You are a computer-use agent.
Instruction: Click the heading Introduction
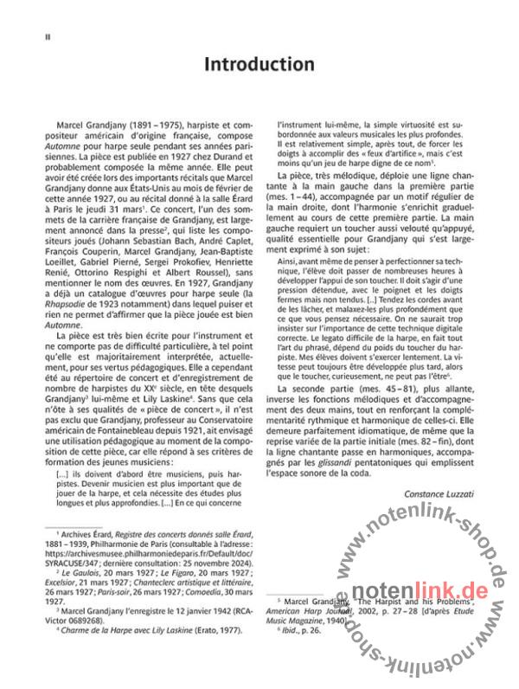click(259, 65)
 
